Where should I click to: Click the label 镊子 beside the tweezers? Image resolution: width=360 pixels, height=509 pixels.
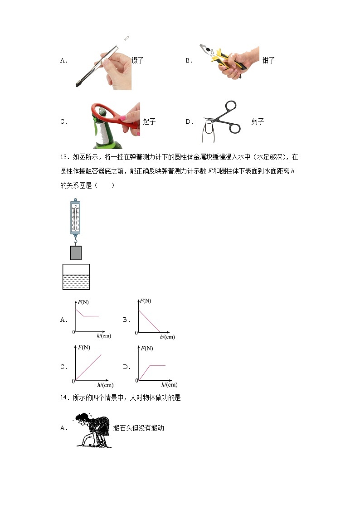tap(138, 60)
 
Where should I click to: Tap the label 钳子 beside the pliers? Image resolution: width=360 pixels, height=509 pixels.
tap(268, 60)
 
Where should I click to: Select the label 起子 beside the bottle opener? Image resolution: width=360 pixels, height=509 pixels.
tap(149, 121)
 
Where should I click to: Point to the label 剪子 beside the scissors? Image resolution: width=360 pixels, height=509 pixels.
tap(258, 121)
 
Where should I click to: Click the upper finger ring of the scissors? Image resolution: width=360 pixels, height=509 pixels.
tap(231, 107)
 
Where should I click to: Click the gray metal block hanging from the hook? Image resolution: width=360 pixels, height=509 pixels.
tap(76, 253)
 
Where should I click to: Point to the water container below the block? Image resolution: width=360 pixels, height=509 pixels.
tap(76, 277)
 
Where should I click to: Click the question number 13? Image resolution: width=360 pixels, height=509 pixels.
tap(64, 157)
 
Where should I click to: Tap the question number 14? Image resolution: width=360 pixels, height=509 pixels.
tap(64, 398)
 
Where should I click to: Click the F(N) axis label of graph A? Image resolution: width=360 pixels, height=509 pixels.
tap(83, 302)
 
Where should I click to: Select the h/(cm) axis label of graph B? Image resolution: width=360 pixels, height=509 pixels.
tap(167, 337)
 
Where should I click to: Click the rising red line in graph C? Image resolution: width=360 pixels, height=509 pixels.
tap(88, 367)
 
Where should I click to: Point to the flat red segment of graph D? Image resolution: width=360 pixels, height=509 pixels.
tap(157, 365)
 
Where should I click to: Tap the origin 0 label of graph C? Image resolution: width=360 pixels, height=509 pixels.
tap(73, 381)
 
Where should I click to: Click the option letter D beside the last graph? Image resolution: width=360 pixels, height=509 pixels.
tap(126, 367)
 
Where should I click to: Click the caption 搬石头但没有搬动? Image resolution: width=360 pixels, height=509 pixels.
tap(139, 428)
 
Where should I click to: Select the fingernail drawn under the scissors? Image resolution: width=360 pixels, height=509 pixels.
tap(208, 129)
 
